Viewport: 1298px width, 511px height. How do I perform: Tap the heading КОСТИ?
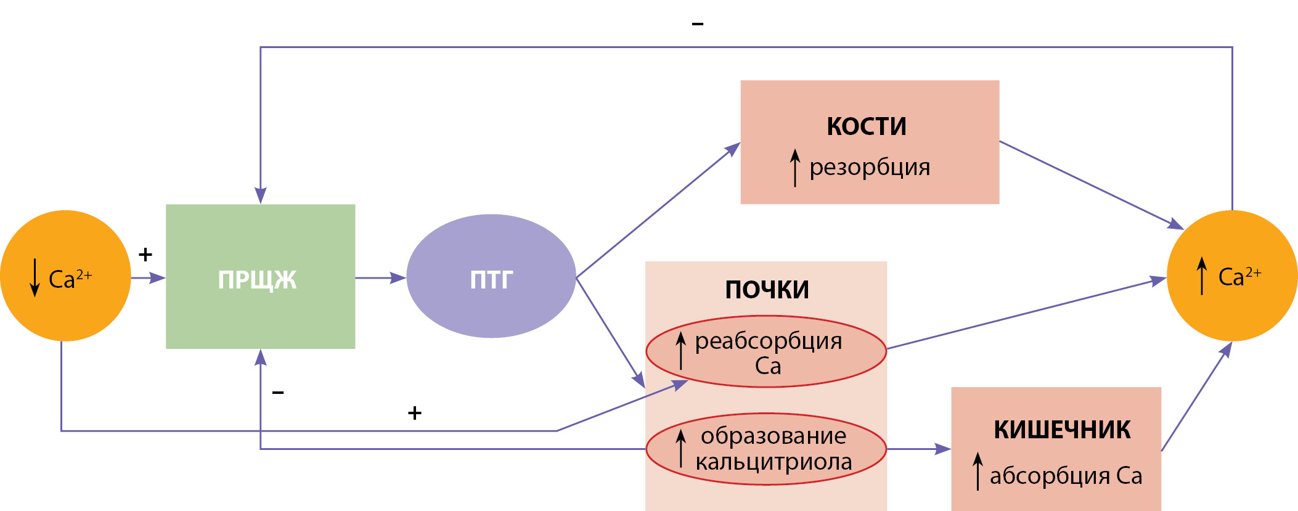tap(867, 126)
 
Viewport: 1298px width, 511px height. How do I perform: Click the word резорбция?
tap(870, 167)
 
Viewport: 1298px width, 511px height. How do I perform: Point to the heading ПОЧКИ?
tap(767, 290)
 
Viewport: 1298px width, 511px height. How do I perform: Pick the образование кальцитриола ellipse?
tap(766, 449)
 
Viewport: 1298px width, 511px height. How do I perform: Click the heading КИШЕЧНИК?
tap(1062, 430)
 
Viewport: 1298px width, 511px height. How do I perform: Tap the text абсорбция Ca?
tap(1066, 476)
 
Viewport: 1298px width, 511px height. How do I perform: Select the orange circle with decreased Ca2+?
tap(65, 276)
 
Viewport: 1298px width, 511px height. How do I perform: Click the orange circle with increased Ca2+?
tap(1232, 276)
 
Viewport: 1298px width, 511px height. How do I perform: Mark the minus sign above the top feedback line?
tap(698, 24)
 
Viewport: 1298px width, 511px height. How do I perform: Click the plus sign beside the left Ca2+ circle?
tap(145, 254)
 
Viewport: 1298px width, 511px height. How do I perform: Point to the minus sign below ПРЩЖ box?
tap(278, 392)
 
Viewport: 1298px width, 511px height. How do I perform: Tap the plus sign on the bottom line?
tap(415, 413)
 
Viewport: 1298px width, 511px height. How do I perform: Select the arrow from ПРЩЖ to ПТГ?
tap(380, 278)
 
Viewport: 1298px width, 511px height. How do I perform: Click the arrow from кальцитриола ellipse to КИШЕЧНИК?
tap(918, 449)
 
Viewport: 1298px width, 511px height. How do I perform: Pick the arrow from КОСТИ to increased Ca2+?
tap(1091, 184)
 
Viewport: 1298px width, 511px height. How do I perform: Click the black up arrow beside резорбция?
tap(795, 167)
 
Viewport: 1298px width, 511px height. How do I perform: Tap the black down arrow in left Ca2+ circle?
tap(35, 277)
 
